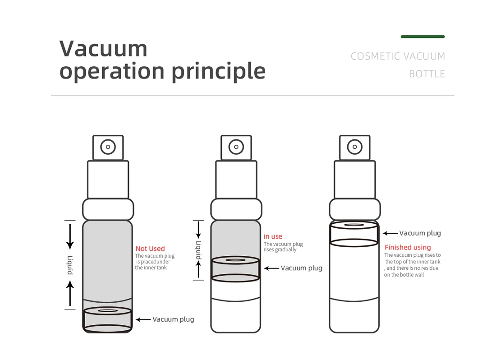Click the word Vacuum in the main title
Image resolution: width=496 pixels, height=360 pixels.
coord(103,49)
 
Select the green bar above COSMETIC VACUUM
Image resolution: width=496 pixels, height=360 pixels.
coord(423,37)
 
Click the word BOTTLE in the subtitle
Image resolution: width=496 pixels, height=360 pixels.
coord(427,74)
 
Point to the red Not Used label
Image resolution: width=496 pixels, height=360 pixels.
coord(150,249)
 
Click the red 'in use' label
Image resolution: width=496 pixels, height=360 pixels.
coord(273,236)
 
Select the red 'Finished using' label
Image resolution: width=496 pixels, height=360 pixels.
coord(408,247)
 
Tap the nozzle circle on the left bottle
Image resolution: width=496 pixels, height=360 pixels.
coord(108,147)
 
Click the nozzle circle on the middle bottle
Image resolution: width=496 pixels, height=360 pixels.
coord(236,147)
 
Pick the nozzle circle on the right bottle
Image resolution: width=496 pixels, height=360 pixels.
coord(354,147)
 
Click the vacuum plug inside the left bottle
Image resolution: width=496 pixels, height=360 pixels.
coord(107,319)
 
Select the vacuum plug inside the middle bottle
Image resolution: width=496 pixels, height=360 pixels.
coord(235,269)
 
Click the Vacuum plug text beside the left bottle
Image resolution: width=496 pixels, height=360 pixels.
coord(173,319)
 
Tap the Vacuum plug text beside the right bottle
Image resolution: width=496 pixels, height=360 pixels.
coord(420,233)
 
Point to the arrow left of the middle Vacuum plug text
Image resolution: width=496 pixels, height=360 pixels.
coord(271,268)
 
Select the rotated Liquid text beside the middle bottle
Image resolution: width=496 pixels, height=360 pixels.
coord(198,250)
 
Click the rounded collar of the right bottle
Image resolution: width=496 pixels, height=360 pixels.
coord(354,209)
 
